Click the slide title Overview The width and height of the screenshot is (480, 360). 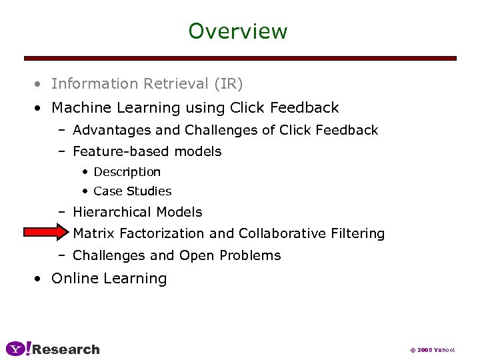pyautogui.click(x=238, y=31)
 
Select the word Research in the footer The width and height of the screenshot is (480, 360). pyautogui.click(x=66, y=349)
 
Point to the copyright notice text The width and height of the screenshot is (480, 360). pyautogui.click(x=432, y=350)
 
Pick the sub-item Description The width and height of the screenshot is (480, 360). pyautogui.click(x=127, y=172)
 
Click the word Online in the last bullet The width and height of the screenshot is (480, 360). pyautogui.click(x=73, y=279)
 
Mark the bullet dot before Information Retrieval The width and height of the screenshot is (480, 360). pyautogui.click(x=41, y=85)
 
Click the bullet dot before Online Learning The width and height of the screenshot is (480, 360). pyautogui.click(x=41, y=279)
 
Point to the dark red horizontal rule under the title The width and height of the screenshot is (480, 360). pyautogui.click(x=240, y=59)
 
